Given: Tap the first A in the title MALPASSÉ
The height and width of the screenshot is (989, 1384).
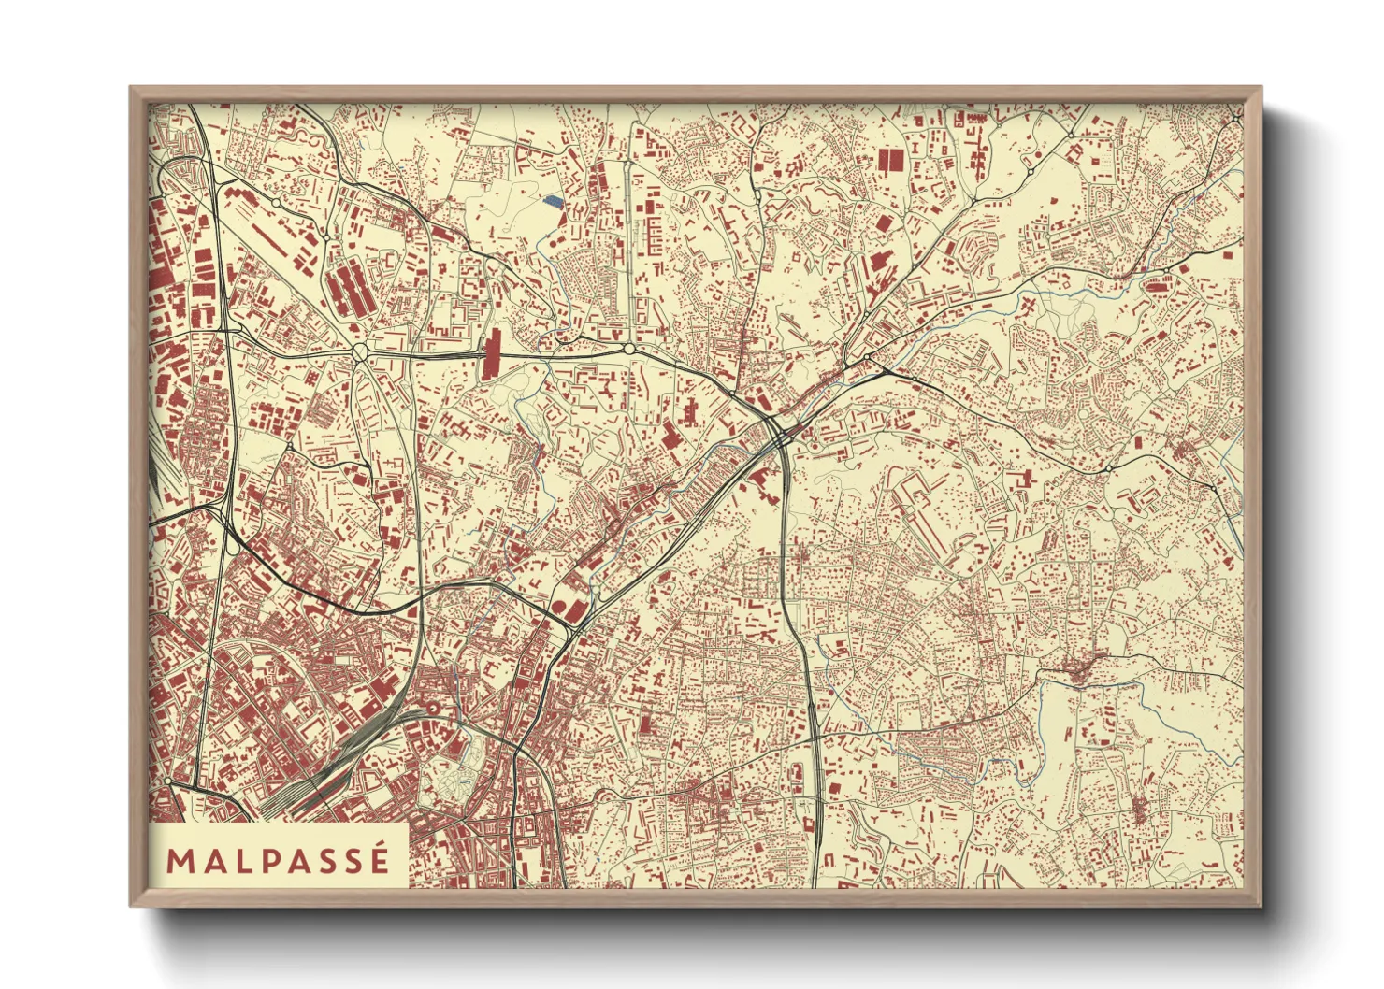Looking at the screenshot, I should tap(214, 861).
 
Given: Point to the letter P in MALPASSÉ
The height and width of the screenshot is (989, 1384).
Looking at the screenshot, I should tap(270, 861).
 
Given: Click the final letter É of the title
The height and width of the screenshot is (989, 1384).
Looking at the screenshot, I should tap(379, 861).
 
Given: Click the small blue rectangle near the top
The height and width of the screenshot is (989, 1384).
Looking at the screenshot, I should tap(554, 199).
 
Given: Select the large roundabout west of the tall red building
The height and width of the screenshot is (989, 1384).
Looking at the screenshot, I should tap(360, 351).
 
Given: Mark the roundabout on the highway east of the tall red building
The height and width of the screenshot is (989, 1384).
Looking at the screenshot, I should tap(629, 349).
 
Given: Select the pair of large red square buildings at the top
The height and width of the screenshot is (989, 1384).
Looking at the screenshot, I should tap(888, 159).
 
